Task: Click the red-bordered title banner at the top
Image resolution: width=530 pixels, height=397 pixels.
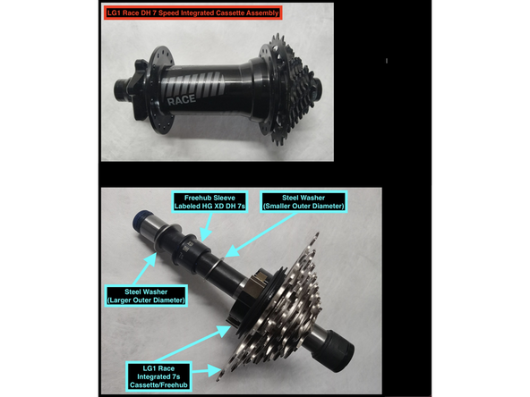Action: coord(192,13)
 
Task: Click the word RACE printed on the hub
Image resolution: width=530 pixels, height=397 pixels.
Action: coord(182,100)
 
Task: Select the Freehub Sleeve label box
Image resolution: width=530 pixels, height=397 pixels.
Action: coord(209,202)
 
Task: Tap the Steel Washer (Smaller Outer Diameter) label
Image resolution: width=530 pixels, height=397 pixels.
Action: coord(303,202)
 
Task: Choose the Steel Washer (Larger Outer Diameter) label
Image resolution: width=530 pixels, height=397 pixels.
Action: coord(146,296)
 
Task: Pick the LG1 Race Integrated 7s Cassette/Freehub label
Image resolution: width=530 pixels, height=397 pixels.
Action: coord(158,376)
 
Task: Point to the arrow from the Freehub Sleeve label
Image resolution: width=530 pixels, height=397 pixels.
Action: coord(206,227)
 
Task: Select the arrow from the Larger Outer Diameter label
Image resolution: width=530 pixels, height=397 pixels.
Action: coord(145,269)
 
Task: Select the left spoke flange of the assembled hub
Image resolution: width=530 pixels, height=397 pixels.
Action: coord(161,89)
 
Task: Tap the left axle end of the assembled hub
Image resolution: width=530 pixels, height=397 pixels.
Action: coord(121,89)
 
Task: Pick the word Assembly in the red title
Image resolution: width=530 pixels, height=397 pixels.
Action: coord(262,13)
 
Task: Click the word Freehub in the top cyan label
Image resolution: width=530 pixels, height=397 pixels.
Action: coord(197,198)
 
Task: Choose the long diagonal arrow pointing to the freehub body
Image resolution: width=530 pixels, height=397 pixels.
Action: coord(193,343)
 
